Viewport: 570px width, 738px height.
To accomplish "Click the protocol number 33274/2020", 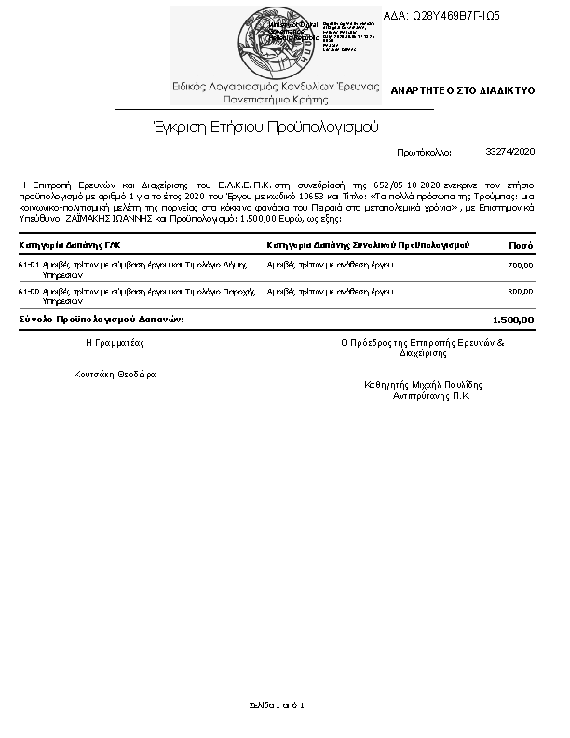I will (x=510, y=151).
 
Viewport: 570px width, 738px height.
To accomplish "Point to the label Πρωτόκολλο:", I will (x=424, y=151).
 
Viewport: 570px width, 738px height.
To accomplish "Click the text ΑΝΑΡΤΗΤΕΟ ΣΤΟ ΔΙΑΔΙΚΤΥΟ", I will (x=462, y=91).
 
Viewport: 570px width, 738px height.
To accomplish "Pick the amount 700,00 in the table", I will (x=520, y=266).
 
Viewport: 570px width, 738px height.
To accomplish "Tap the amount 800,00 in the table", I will (x=520, y=292).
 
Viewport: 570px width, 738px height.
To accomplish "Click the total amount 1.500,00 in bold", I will (x=513, y=320).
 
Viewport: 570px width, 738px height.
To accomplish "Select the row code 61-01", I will (x=28, y=266).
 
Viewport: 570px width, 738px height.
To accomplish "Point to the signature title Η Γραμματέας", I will (x=115, y=343).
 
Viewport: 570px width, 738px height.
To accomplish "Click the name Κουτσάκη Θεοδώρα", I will (x=115, y=375).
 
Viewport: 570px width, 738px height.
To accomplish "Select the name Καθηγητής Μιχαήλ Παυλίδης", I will (x=424, y=384).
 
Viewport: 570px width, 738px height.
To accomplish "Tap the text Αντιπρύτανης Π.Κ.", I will (x=431, y=395).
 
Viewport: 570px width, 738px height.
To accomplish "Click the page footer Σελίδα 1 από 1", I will (x=277, y=704).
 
